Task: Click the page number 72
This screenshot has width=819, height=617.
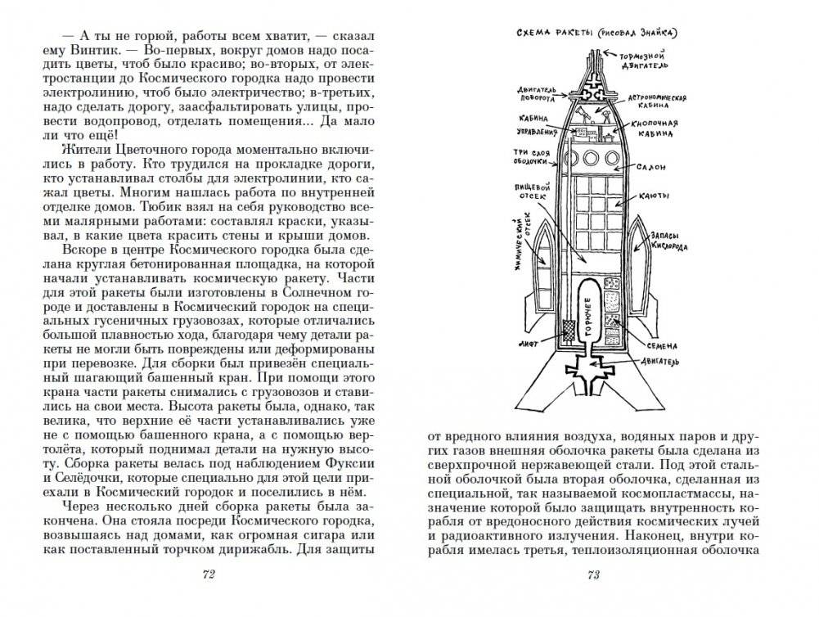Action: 208,574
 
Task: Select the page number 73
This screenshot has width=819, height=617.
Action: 595,574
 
